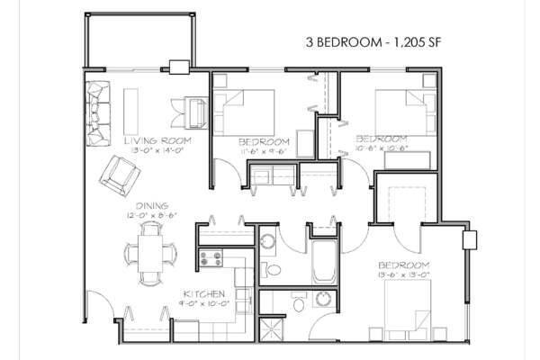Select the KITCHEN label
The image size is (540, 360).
tap(202, 294)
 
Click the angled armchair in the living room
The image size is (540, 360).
tap(118, 172)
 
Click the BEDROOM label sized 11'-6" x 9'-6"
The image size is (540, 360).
tap(263, 142)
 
